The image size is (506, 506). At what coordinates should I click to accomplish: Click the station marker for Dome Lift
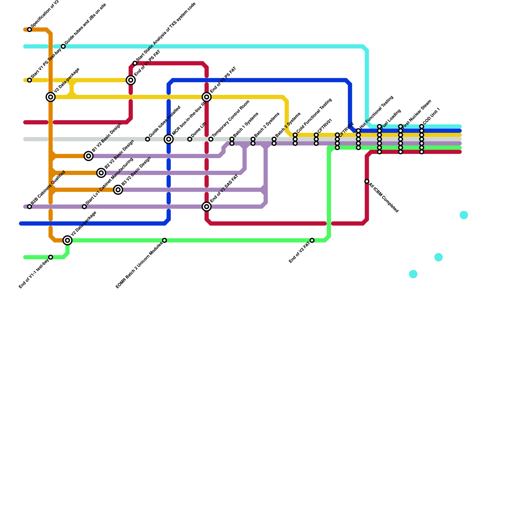coord(190,139)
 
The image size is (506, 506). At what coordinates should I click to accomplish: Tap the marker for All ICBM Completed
coord(367,181)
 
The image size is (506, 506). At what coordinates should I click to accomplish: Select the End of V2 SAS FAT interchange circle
coord(207,207)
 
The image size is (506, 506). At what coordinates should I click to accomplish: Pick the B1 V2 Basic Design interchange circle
coord(89,156)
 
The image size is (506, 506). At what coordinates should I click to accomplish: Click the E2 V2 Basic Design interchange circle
coord(101,173)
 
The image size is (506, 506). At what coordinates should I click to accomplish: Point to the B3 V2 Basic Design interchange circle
coord(118,190)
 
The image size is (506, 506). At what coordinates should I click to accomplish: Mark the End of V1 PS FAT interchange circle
coord(131,80)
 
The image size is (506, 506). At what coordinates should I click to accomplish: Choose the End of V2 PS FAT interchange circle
coord(207,97)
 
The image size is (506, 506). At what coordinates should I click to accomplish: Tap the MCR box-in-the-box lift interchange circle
coord(169,139)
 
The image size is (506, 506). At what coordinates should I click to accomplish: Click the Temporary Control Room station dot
coord(211,139)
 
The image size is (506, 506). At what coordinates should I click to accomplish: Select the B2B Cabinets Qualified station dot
coord(29,207)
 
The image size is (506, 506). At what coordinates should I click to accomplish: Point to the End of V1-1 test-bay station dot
coord(51,257)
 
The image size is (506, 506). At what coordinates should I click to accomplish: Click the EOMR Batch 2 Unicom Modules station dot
coord(164,240)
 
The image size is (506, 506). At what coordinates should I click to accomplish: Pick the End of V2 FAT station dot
coord(312,240)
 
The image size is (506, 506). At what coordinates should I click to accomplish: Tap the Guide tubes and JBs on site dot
coord(63,46)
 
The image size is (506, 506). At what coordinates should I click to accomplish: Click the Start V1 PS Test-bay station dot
coord(29,80)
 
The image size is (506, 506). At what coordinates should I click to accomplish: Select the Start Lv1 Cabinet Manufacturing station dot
coord(84,207)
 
